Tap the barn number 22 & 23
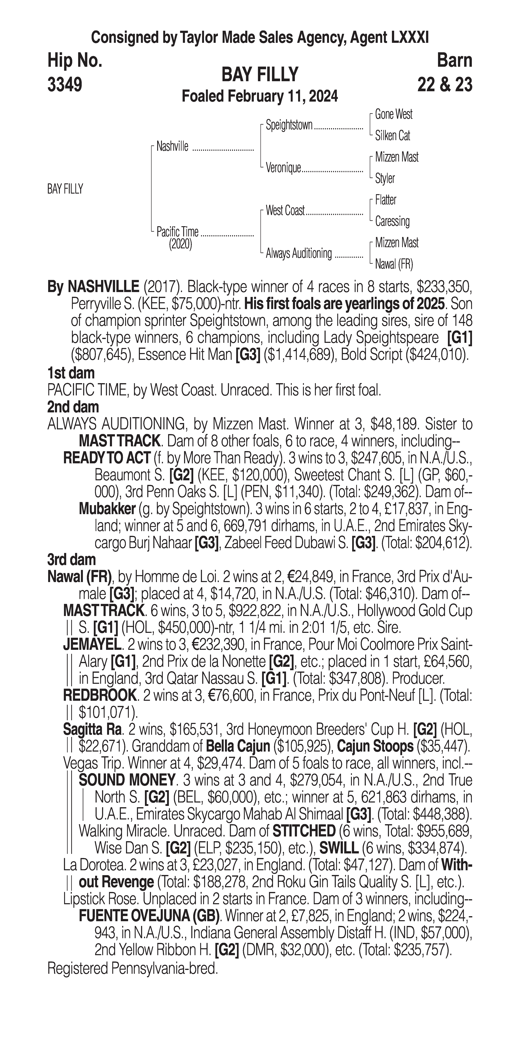coord(445,85)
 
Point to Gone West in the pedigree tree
coord(393,114)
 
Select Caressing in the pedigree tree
coord(392,221)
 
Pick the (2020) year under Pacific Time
coord(180,244)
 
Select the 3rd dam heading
coord(72,560)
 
